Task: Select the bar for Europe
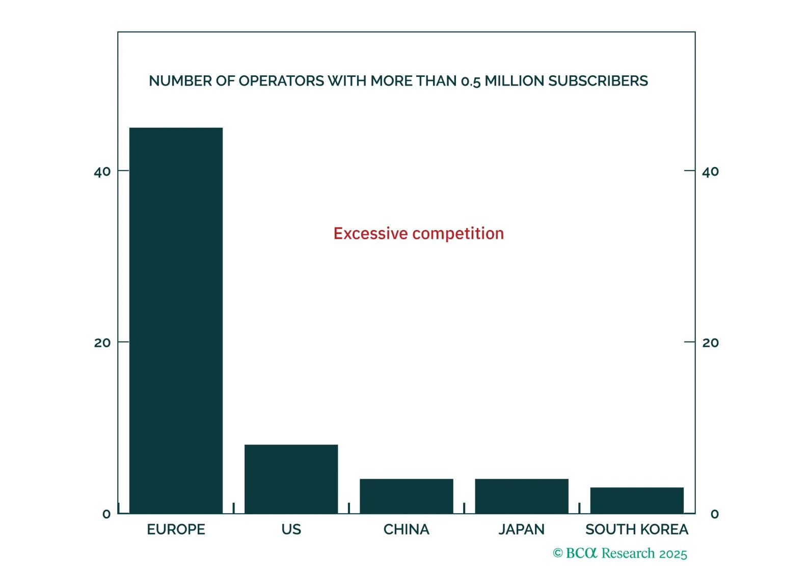(176, 321)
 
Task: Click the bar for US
(291, 479)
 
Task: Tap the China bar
(406, 496)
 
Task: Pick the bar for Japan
(522, 496)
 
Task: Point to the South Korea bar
(637, 500)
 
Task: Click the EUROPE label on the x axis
(176, 530)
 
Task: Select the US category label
(291, 530)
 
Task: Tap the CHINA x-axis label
(406, 530)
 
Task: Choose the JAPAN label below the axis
(522, 530)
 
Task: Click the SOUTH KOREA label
(637, 530)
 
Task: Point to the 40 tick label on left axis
(102, 172)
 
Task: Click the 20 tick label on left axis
(102, 343)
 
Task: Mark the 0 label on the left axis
(106, 514)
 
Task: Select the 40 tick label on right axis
(710, 172)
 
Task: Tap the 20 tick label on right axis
(710, 343)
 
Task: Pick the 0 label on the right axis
(715, 514)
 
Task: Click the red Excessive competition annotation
(419, 234)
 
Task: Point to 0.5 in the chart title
(470, 81)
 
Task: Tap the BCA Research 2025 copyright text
(620, 554)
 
